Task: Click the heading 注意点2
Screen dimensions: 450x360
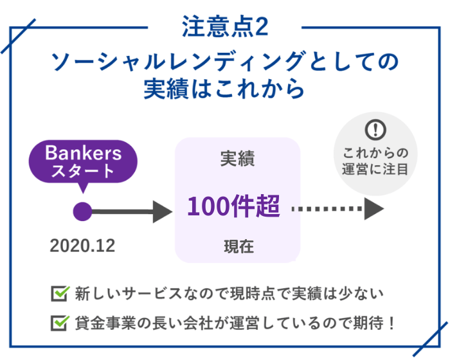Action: pos(225,26)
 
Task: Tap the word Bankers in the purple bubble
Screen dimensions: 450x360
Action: pos(83,153)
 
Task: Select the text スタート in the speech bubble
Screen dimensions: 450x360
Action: pos(83,171)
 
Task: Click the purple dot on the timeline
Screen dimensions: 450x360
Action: pos(83,212)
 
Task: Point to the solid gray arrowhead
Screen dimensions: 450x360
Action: pos(162,212)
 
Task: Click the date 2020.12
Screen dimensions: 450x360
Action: pos(82,246)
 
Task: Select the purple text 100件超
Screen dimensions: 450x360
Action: pos(233,206)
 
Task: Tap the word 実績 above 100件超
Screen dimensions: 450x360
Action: pos(237,158)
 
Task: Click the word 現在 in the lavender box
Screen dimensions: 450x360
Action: pos(239,247)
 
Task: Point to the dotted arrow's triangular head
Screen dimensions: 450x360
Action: pos(373,209)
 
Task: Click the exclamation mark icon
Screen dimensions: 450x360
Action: pos(375,129)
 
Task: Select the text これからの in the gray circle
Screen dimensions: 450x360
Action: pos(375,153)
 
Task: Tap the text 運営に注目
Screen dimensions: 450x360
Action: pos(375,169)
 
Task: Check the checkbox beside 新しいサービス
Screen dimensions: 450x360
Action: pos(60,293)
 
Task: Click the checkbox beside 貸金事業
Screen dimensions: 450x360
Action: pos(60,323)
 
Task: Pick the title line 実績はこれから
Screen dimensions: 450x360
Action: pos(224,89)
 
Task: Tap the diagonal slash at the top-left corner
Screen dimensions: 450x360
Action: pos(19,36)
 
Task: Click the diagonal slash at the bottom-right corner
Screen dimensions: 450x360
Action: pos(431,339)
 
